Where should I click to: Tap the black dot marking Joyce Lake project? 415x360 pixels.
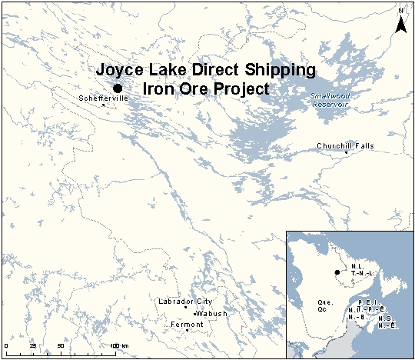point(118,88)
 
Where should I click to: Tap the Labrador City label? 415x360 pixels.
point(184,301)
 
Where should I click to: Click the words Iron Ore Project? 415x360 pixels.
point(207,88)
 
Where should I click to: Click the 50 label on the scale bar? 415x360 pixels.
point(60,345)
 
